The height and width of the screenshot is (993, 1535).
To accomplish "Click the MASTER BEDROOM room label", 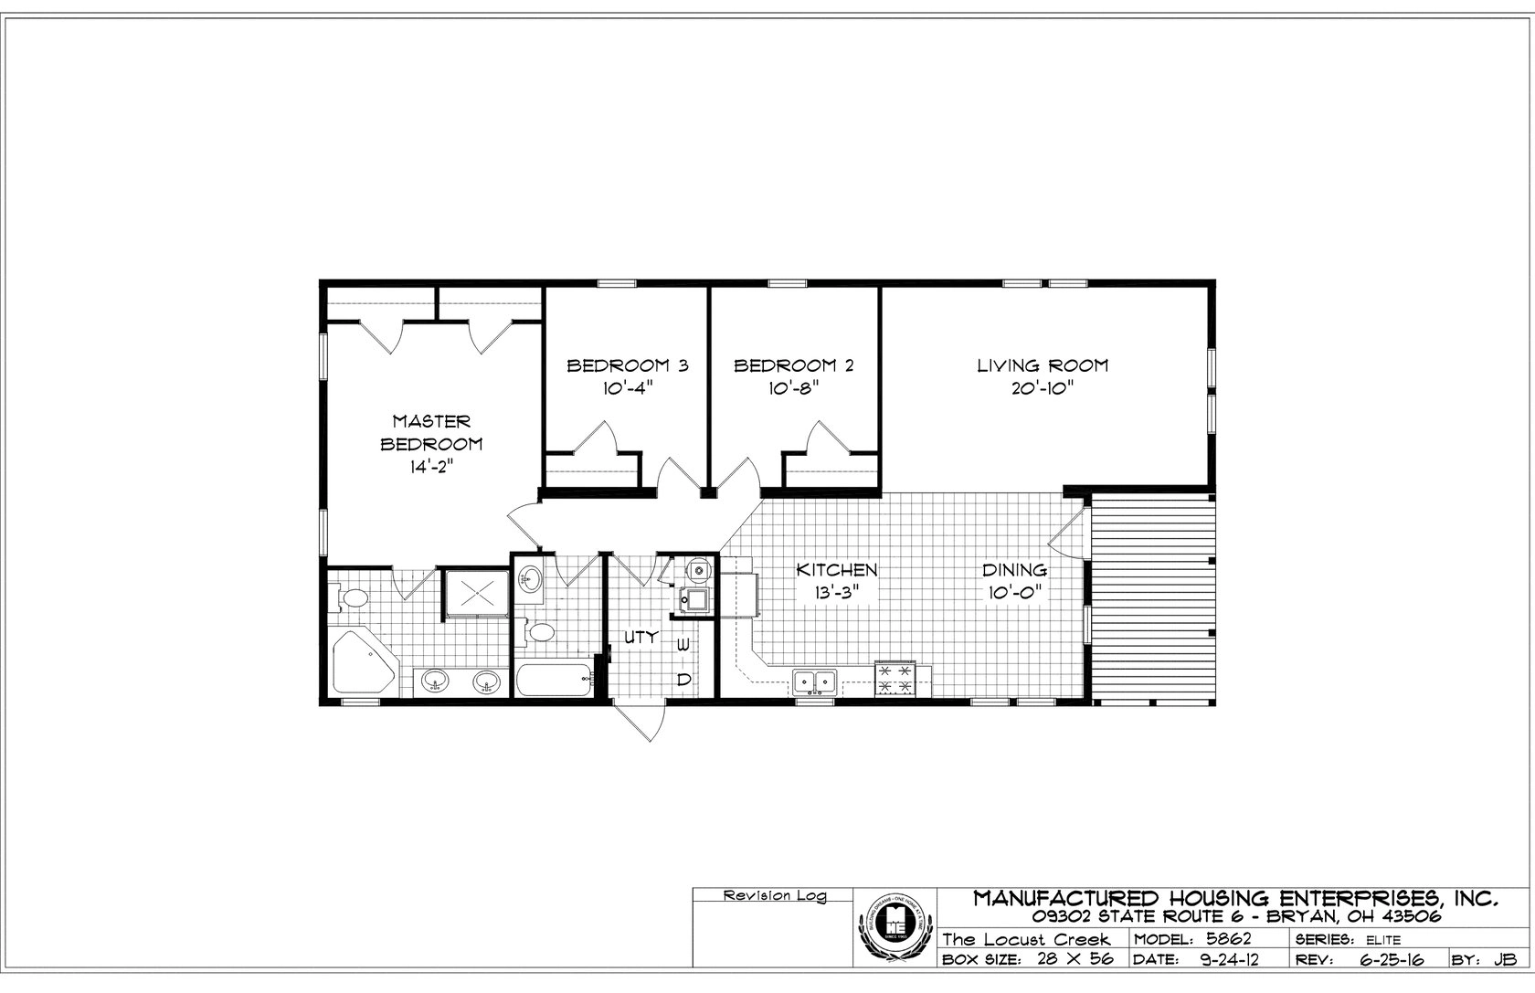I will pyautogui.click(x=431, y=433).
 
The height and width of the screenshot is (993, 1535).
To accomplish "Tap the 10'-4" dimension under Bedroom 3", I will pyautogui.click(x=627, y=388).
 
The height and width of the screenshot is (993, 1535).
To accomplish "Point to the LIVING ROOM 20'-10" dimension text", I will pyautogui.click(x=1042, y=388).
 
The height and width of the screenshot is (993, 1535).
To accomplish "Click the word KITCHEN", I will pyautogui.click(x=837, y=570).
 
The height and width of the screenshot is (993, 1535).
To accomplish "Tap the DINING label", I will pyautogui.click(x=1014, y=570).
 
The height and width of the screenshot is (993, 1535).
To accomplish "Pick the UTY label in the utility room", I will pyautogui.click(x=640, y=638).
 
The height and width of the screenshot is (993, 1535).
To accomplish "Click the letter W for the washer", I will pyautogui.click(x=683, y=646).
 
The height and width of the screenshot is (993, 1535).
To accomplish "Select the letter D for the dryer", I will pyautogui.click(x=683, y=679).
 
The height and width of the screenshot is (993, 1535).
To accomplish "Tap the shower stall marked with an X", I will pyautogui.click(x=477, y=596).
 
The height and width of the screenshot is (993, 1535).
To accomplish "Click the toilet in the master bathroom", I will pyautogui.click(x=351, y=598).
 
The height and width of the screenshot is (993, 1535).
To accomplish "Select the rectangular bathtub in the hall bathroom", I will pyautogui.click(x=553, y=681).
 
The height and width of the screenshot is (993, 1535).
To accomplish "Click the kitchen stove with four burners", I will pyautogui.click(x=895, y=679).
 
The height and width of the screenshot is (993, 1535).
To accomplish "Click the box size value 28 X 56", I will pyautogui.click(x=1074, y=960).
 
